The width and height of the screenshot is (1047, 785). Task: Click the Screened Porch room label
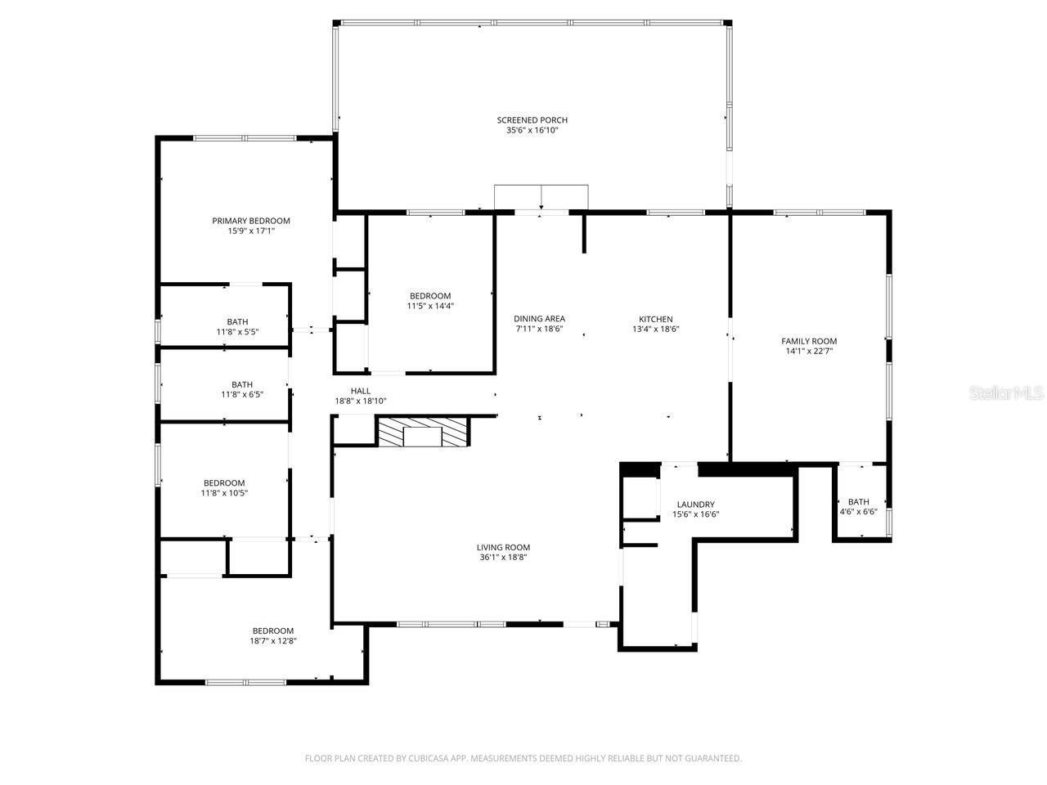pos(532,120)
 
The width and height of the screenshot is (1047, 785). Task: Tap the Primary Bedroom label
pos(251,221)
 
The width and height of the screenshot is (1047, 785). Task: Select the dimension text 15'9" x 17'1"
pos(251,231)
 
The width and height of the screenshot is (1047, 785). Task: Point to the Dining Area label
pos(539,319)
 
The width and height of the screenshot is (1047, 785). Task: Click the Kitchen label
pos(655,319)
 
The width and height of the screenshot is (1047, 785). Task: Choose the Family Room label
pos(808,341)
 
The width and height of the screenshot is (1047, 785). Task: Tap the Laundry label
pos(695,505)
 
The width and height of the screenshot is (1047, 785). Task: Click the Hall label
pos(360,391)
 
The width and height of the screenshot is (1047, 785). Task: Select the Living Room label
pos(503,548)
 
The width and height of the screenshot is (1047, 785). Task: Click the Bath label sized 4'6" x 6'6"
pos(858,502)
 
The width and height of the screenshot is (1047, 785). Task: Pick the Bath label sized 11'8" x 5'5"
pos(237,322)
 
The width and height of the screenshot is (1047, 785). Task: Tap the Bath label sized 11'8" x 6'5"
pos(241,384)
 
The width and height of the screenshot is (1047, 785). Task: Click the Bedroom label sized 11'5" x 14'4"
pos(429,296)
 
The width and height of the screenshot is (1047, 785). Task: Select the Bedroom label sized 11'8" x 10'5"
pos(224,483)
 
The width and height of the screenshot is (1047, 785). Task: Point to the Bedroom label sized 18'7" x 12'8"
pos(272,630)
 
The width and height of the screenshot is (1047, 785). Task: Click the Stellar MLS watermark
pos(1005,393)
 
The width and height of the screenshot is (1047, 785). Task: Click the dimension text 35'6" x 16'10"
pos(532,131)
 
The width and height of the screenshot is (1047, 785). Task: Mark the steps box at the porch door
pos(541,196)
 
